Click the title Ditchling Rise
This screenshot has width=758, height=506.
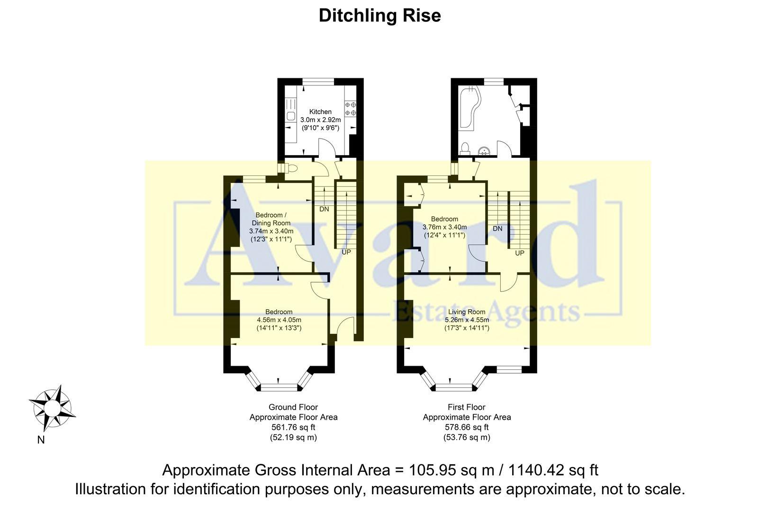tap(379, 16)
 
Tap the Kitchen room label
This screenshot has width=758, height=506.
tap(321, 112)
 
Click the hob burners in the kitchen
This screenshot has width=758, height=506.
tap(351, 109)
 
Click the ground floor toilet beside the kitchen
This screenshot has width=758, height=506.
tap(291, 168)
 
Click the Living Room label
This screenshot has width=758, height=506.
tap(467, 312)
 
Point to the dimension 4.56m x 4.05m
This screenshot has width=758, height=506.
tap(279, 320)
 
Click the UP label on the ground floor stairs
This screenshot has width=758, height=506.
tap(346, 252)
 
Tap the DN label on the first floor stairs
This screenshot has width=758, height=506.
tap(497, 229)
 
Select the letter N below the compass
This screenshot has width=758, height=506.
tap(41, 440)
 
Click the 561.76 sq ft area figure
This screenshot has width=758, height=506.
tap(293, 427)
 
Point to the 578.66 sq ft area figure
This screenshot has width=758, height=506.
tap(467, 427)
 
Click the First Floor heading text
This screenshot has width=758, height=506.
tap(467, 407)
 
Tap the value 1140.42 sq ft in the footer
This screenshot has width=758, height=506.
tap(553, 470)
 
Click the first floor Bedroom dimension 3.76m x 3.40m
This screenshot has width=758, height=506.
tap(444, 227)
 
